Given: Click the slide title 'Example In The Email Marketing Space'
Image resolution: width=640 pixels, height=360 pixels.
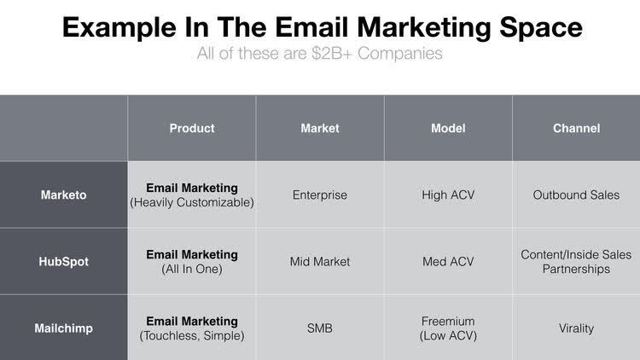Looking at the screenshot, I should pos(322,27).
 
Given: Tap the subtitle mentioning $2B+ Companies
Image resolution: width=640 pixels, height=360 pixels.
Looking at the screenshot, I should pos(321,54).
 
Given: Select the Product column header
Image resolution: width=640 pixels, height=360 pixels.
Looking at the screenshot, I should pos(192,128).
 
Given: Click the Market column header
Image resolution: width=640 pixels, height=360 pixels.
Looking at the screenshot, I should pos(320,128).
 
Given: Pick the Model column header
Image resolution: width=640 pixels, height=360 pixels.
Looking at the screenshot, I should pos(448,128).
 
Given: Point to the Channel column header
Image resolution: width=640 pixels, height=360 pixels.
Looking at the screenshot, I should pos(576,128).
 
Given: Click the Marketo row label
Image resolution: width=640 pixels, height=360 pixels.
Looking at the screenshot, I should pos(64,195).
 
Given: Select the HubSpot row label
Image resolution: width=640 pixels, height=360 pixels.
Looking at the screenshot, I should pos(64,261).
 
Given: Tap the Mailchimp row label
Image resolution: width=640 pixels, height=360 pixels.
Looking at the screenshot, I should pos(64,328).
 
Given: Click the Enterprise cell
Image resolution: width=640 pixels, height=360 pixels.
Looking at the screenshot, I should pos(320,195).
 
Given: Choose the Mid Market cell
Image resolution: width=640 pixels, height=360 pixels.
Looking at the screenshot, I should pos(320,261).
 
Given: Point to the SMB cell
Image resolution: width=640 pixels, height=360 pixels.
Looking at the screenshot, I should pos(320,328).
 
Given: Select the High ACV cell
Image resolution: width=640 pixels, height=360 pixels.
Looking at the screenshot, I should pos(448,195).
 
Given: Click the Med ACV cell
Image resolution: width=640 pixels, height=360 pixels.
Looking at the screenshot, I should pos(448,261).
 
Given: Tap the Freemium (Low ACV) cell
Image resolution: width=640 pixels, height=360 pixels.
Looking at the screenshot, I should pos(448,328).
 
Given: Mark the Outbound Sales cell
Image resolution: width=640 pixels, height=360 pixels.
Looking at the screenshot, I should pos(576,195).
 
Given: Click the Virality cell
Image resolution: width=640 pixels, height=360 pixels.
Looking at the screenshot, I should pos(576,328).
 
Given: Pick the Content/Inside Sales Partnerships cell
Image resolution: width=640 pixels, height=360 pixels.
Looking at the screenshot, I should pos(576,261).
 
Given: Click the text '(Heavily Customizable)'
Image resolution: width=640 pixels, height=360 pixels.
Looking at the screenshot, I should pos(192,202).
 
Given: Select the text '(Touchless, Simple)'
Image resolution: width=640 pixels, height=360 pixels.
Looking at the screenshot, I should pos(192,335).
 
